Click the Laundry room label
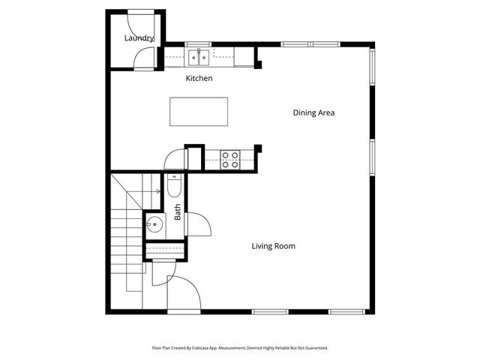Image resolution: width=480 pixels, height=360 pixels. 139,38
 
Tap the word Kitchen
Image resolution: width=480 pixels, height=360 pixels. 199,78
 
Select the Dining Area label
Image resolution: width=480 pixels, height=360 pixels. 313,113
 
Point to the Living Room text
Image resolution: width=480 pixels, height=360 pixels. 273,246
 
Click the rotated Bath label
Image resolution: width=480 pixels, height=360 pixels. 178,212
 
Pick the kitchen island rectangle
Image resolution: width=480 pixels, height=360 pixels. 199,112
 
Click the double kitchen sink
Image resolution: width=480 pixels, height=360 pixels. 199,55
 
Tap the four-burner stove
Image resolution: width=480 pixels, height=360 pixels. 230,159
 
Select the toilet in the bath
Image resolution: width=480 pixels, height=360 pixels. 173,185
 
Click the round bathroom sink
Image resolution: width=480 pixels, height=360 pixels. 155,223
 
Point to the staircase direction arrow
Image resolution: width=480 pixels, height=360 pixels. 157,192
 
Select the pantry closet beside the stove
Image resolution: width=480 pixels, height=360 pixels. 194,158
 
